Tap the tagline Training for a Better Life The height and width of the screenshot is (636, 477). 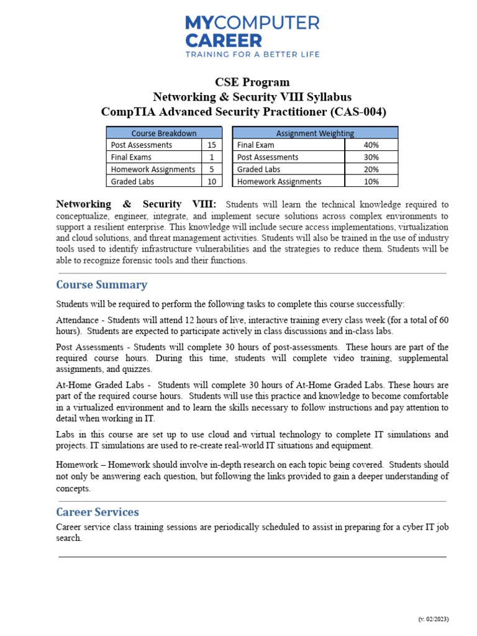pyautogui.click(x=252, y=55)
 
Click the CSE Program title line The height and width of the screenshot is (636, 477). pyautogui.click(x=252, y=82)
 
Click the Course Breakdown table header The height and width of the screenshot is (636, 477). pyautogui.click(x=164, y=133)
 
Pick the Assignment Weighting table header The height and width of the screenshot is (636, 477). pyautogui.click(x=315, y=133)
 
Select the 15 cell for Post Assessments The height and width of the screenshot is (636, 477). pyautogui.click(x=212, y=145)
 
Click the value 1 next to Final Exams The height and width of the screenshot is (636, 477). pyautogui.click(x=212, y=157)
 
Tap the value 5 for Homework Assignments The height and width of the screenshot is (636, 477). pyautogui.click(x=212, y=169)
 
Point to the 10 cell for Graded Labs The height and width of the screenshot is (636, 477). pyautogui.click(x=212, y=181)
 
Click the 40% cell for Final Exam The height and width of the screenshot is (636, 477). pyautogui.click(x=371, y=145)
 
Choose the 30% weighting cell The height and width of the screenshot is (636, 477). pyautogui.click(x=371, y=157)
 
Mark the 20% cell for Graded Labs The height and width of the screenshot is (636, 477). pyautogui.click(x=371, y=169)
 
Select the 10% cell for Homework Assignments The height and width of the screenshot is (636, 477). pyautogui.click(x=371, y=181)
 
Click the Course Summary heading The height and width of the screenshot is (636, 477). pyautogui.click(x=102, y=285)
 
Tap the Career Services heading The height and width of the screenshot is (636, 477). pyautogui.click(x=98, y=512)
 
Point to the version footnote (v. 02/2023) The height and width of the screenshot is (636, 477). pyautogui.click(x=433, y=619)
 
